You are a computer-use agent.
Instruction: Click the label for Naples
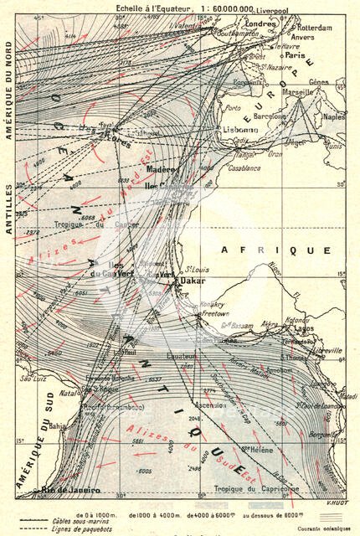click(x=333, y=117)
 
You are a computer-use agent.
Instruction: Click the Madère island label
click(x=160, y=170)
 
